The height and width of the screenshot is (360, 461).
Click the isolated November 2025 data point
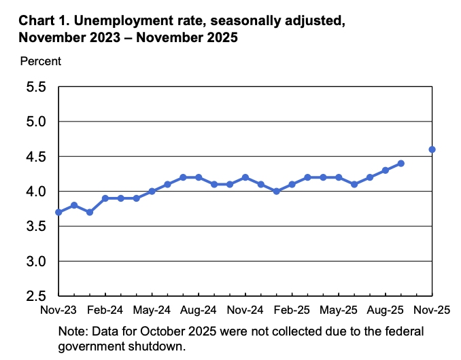point(432,149)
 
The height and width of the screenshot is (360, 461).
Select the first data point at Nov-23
point(58,212)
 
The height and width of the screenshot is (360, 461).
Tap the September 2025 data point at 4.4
point(400,163)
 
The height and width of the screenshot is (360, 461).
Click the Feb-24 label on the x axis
point(105,310)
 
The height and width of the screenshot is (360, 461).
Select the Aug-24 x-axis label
point(198,310)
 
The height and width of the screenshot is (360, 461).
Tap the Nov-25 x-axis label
point(432,310)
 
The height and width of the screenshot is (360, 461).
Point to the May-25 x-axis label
point(339,310)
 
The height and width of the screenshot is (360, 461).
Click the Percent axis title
point(41,61)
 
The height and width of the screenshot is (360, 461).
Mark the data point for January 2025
point(276,192)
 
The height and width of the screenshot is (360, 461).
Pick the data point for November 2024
point(245,177)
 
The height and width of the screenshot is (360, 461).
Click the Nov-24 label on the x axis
point(245,310)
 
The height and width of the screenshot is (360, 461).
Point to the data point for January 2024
point(90,212)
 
